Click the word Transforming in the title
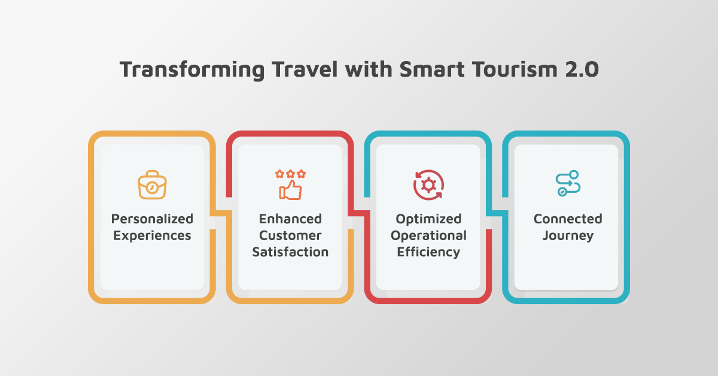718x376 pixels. click(x=192, y=69)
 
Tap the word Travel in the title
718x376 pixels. click(x=305, y=69)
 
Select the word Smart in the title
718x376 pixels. click(x=432, y=69)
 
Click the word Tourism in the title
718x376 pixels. click(x=515, y=69)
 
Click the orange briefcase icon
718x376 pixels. click(x=152, y=185)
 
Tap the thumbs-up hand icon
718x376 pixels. click(x=290, y=190)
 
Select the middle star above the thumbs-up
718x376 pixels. click(x=290, y=174)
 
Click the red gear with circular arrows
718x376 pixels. click(x=428, y=185)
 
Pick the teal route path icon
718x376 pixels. click(x=568, y=183)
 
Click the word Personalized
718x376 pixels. click(x=152, y=219)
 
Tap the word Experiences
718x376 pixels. click(x=152, y=236)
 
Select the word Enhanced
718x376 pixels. click(x=290, y=219)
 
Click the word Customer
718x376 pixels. click(x=290, y=235)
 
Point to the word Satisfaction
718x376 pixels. click(x=290, y=252)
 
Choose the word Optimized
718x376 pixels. click(x=428, y=219)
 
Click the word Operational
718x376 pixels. click(x=428, y=236)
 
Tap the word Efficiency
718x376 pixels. click(x=428, y=252)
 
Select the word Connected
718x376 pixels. click(x=568, y=219)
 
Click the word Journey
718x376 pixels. click(x=568, y=236)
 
